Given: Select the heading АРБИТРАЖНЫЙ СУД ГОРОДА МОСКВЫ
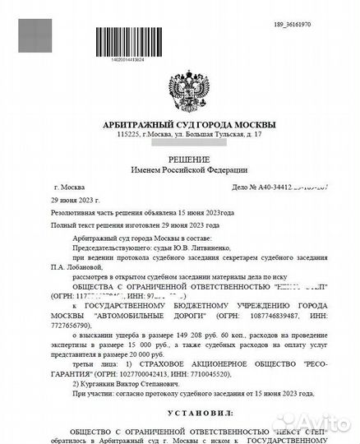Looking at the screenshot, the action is click(180, 124).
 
